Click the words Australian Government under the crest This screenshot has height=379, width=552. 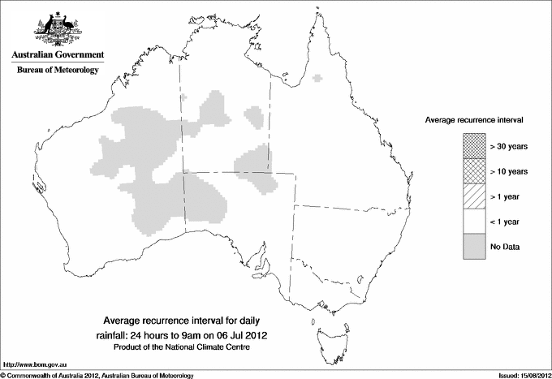[x=57, y=55]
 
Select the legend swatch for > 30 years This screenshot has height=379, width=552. [x=473, y=145]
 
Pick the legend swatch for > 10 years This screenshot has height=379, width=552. [x=473, y=170]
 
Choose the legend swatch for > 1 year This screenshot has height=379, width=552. [x=473, y=196]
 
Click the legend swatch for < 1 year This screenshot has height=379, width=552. [x=473, y=222]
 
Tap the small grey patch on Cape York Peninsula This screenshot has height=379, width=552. [x=317, y=80]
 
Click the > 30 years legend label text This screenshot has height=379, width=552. [x=509, y=145]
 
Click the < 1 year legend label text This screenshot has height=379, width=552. [x=506, y=222]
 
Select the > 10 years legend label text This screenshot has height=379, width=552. [x=509, y=170]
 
